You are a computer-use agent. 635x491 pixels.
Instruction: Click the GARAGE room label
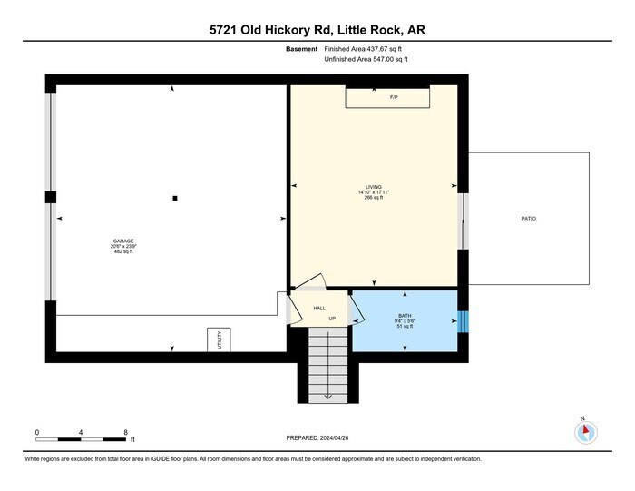pos(123,241)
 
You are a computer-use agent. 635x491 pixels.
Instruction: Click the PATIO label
pos(528,219)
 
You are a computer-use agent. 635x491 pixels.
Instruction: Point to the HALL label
pos(319,309)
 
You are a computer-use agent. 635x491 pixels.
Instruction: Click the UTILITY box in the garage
pos(219,339)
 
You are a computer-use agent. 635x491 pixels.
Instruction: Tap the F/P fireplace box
pos(394,96)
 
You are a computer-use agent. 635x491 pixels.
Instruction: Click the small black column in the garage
pos(175,197)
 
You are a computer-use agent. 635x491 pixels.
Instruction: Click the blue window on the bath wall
pos(462,321)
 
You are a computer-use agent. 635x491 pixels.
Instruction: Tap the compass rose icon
pos(585,432)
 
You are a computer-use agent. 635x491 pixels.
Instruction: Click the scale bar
pos(81,438)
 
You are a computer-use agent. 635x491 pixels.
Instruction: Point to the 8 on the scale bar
pos(125,431)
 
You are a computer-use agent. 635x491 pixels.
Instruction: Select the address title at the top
pos(317,30)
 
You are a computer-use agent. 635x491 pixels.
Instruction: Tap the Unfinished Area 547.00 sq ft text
pos(366,59)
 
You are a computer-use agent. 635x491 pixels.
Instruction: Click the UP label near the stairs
pos(332,319)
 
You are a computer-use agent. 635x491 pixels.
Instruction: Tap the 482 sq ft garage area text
pos(123,251)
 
